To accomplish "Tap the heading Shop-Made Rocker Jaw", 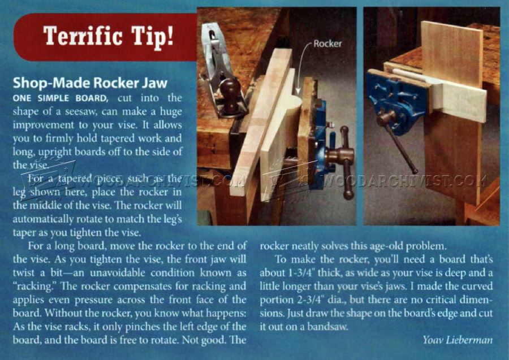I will [90, 83].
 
